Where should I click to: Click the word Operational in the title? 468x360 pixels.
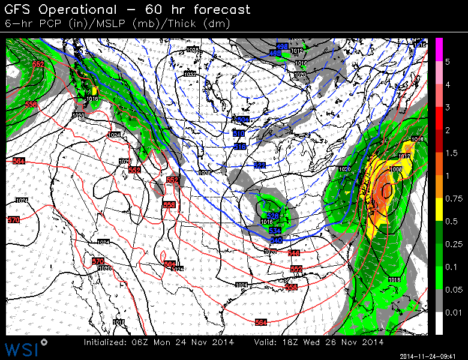coord(79,10)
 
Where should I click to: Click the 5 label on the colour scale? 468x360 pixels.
coord(447,62)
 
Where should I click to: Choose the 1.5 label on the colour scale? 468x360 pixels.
coord(449,153)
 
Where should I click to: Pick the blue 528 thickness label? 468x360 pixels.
coord(273,216)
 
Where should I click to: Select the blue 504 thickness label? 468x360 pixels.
coord(242,119)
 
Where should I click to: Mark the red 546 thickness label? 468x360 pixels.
coord(294,253)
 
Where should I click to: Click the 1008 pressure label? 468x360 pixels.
coord(396,170)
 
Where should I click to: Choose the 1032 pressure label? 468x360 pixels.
coord(190,74)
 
